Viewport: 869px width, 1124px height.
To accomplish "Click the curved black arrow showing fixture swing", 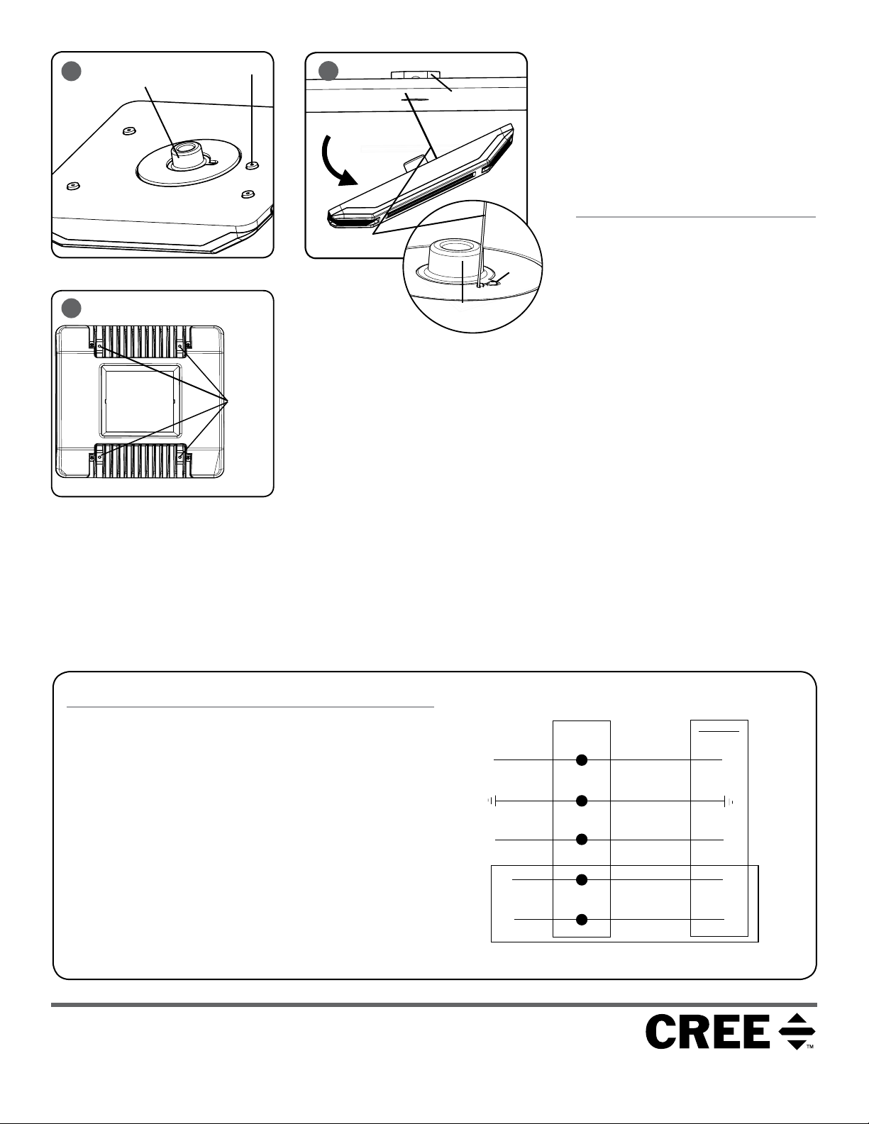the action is [x=337, y=160].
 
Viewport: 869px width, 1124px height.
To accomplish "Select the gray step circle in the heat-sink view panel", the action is [x=72, y=308].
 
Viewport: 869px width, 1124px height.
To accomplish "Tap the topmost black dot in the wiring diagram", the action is [x=582, y=759].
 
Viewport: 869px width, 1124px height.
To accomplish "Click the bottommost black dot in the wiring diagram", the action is [x=582, y=919].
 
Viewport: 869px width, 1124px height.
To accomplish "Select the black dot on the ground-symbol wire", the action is [x=582, y=801].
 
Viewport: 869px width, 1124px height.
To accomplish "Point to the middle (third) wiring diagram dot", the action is [x=582, y=840].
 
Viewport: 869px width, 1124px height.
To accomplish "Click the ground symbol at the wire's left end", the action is [x=492, y=801].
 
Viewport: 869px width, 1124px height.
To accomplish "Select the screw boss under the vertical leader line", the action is [x=253, y=165].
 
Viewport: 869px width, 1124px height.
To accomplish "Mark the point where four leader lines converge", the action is [x=227, y=401].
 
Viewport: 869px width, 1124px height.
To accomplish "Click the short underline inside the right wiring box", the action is [x=719, y=731].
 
